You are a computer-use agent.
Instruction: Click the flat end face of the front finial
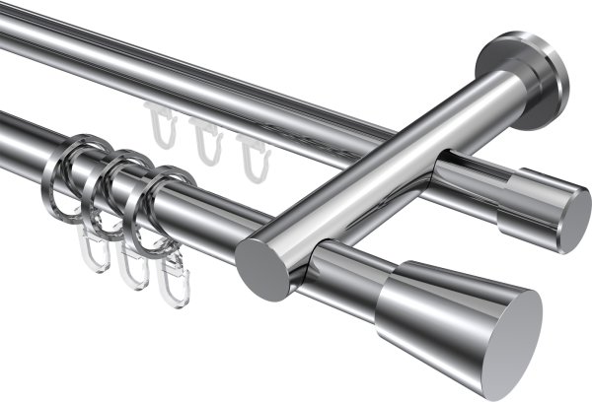pyautogui.click(x=514, y=330)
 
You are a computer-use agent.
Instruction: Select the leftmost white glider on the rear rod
pyautogui.click(x=159, y=124)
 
